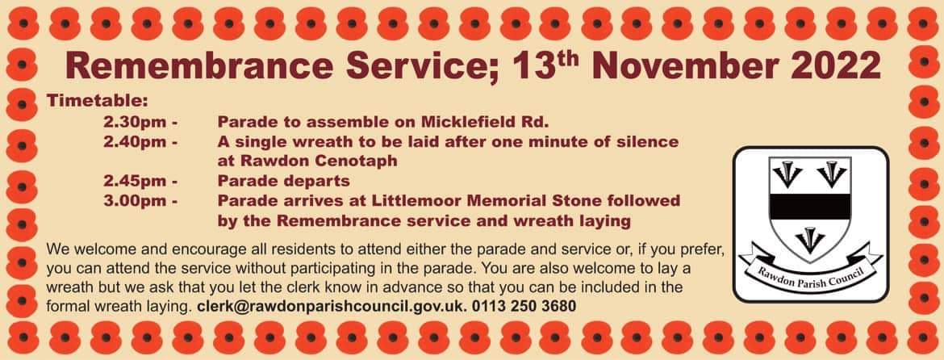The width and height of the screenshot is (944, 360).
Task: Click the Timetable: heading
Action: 97,100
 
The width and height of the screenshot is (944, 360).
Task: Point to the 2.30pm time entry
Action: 140,123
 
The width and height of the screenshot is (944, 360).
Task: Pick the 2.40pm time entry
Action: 140,142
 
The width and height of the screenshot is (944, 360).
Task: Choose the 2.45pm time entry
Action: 140,181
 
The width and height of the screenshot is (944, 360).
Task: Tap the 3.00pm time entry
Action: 140,200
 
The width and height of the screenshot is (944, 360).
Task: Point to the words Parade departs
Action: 283,181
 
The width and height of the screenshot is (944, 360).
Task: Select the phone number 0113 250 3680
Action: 524,306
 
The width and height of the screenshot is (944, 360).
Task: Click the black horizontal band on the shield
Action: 811,207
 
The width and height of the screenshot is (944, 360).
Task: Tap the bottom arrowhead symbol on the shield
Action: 810,240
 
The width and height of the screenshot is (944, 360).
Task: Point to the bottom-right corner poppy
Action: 924,337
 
